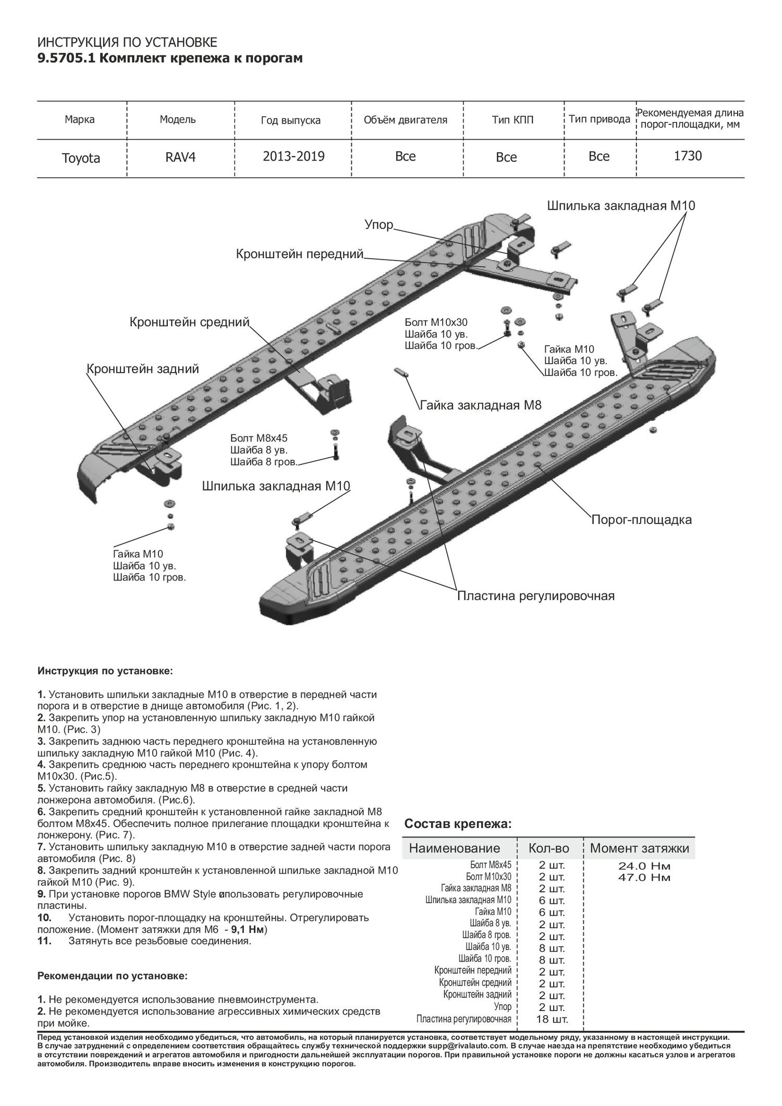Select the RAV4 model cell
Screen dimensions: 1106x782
coord(177,157)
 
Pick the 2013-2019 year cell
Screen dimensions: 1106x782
coord(294,156)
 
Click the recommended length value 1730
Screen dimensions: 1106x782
coord(688,156)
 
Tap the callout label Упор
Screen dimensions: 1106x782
coord(378,226)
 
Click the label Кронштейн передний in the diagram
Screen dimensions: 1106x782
coord(299,254)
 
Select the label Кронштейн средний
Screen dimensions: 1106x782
coord(190,322)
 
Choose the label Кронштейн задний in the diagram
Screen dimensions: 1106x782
coord(142,369)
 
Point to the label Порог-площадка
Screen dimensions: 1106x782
coord(641,520)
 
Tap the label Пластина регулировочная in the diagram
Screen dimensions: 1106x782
coord(535,595)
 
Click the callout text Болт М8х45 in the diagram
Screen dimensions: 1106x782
coord(259,438)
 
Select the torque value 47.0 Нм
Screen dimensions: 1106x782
coord(644,877)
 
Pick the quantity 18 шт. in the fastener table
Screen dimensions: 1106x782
coord(552,1019)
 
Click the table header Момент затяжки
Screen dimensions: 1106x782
coord(639,848)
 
